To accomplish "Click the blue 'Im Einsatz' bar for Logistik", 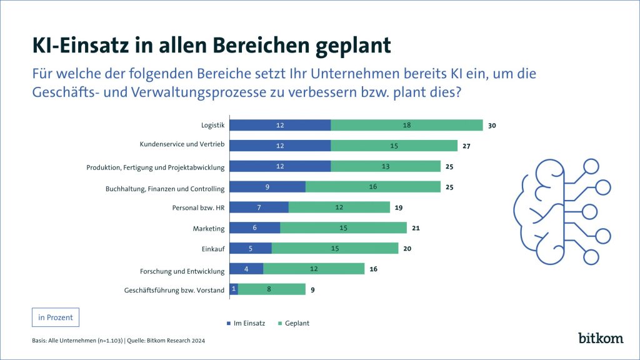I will pos(280,125).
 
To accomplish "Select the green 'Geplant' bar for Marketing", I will pos(343,228).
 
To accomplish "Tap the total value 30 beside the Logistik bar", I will pos(492,126).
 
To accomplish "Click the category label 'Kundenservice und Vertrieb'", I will pos(182,145).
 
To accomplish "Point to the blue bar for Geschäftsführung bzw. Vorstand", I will pos(234,289).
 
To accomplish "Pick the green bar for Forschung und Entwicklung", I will pos(314,269).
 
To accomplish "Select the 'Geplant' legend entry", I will pos(294,323).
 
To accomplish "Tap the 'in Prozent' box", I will pos(56,317).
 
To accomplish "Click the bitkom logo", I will pos(600,337).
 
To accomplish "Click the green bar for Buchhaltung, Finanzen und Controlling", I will pos(373,187).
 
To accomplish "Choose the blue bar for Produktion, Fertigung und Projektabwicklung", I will pos(280,166).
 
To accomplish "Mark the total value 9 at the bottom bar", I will pos(312,289).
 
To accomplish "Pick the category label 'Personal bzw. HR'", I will pos(198,207).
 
